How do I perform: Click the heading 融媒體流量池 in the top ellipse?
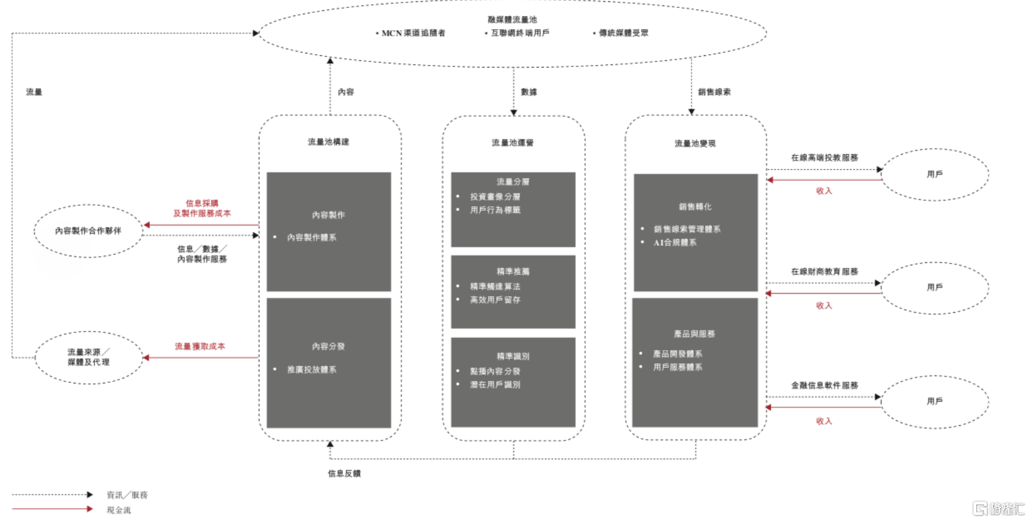pyautogui.click(x=512, y=20)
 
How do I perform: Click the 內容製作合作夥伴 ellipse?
pyautogui.click(x=88, y=231)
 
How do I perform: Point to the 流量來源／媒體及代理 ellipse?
pyautogui.click(x=89, y=358)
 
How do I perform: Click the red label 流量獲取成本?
pyautogui.click(x=200, y=347)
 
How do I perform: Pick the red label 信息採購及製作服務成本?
pyautogui.click(x=202, y=208)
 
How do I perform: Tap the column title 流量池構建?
pyautogui.click(x=328, y=142)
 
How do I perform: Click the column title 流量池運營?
pyautogui.click(x=513, y=143)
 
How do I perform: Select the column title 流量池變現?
pyautogui.click(x=695, y=143)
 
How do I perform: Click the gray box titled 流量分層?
pyautogui.click(x=513, y=210)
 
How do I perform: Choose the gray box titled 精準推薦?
pyautogui.click(x=513, y=292)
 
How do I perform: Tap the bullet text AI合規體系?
pyautogui.click(x=675, y=243)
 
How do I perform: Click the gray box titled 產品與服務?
pyautogui.click(x=695, y=362)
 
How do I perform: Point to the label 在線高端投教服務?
pyautogui.click(x=824, y=158)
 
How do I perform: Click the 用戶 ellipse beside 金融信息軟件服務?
pyautogui.click(x=935, y=402)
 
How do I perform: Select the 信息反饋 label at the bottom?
pyautogui.click(x=344, y=474)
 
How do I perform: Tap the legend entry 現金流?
pyautogui.click(x=119, y=510)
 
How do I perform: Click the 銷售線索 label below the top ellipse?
pyautogui.click(x=714, y=92)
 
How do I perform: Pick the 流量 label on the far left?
pyautogui.click(x=34, y=92)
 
